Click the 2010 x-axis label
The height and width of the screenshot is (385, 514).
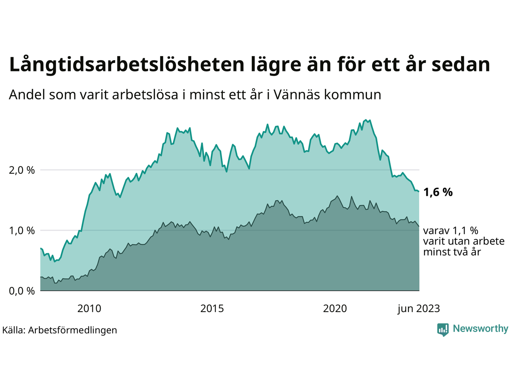coord(89,309)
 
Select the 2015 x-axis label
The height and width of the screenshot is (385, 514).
coord(212,309)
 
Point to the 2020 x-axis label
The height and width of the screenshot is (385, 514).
coord(335,309)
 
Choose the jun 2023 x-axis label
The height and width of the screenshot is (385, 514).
coord(418,309)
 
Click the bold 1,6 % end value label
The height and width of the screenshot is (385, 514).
coord(438,192)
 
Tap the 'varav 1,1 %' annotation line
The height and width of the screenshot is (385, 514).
coord(451,231)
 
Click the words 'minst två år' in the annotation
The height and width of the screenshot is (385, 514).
coord(452,252)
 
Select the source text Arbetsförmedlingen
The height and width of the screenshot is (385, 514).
coord(72,330)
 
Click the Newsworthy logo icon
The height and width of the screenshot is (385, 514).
coord(443,330)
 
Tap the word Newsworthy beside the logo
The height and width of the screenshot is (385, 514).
coord(480,329)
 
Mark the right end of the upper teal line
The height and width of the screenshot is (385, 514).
coord(419,192)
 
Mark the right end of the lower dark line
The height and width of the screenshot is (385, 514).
coord(419,227)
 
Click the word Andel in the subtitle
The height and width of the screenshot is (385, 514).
coord(27,95)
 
